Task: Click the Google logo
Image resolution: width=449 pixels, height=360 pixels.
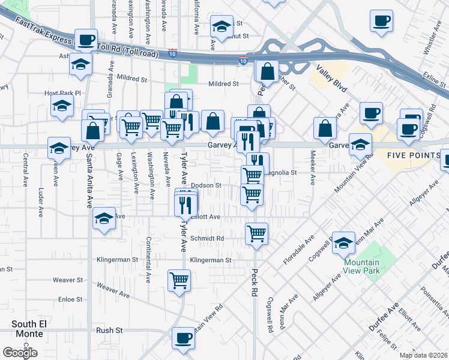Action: pos(20,352)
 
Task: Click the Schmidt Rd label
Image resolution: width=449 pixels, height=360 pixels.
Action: pos(206,238)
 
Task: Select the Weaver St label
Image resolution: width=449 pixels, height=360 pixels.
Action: pos(67,280)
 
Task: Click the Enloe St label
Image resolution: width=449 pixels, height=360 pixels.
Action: pos(70,299)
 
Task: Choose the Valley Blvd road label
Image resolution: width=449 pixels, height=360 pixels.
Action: pos(333,79)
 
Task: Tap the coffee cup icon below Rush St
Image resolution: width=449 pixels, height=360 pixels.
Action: pos(183,338)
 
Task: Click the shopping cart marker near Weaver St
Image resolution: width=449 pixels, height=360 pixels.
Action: pos(179,280)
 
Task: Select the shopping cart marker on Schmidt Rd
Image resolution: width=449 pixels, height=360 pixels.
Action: pos(256,233)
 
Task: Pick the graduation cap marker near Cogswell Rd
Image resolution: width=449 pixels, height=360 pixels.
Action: pos(343,242)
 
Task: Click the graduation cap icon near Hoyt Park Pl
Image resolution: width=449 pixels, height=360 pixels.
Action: pos(61,106)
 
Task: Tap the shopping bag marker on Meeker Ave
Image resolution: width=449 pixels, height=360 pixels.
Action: pos(325,127)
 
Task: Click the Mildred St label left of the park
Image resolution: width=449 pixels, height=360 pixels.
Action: pos(133,79)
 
